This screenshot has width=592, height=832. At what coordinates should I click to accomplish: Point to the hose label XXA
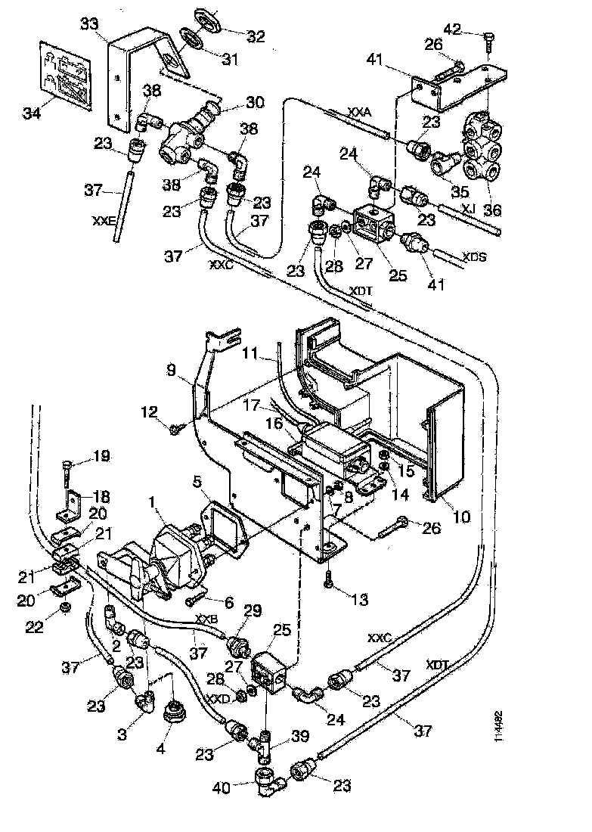pos(360,111)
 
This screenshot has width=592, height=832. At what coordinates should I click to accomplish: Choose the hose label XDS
pos(473,257)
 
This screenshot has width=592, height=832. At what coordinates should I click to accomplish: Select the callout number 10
pos(460,517)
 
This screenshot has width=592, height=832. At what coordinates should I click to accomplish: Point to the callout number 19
pos(101,456)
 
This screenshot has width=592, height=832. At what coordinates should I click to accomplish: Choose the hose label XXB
pos(206,619)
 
